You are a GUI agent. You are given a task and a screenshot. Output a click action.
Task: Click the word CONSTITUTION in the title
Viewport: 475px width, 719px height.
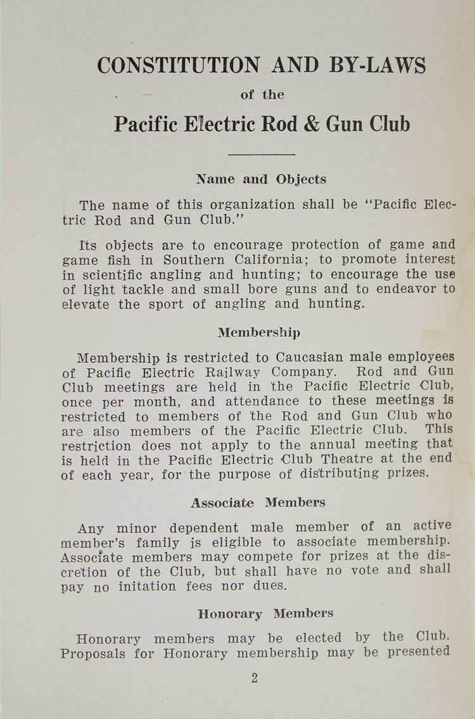178,65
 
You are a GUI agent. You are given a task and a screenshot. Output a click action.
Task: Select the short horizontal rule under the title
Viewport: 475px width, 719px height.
262,154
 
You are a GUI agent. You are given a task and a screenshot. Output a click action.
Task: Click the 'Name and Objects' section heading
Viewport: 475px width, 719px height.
261,179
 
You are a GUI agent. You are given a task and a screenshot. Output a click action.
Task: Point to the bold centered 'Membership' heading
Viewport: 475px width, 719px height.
259,332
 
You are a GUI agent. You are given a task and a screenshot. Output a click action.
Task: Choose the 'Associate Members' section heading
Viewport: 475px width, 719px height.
258,503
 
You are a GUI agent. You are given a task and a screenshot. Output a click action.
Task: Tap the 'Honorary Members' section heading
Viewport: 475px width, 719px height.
265,614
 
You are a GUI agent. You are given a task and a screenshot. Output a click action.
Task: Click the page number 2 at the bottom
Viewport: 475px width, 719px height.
255,678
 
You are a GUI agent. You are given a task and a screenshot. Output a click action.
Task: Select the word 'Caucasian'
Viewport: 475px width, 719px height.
310,357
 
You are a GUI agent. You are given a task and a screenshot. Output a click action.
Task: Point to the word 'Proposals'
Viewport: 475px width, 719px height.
94,653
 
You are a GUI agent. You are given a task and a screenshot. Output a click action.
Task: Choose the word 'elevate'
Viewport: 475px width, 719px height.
85,304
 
